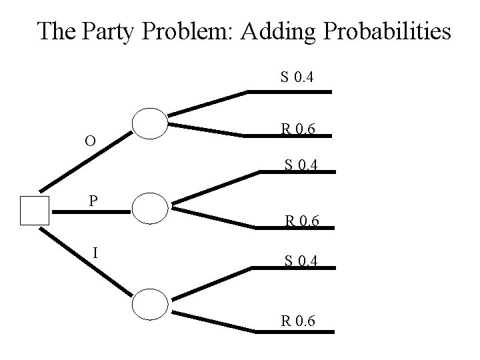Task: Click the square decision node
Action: (x=35, y=211)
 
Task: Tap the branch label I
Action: (x=97, y=252)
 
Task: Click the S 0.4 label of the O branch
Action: (x=297, y=79)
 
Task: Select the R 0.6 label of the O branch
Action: (x=298, y=128)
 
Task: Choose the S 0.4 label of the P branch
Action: (x=301, y=163)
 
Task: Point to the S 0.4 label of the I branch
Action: (x=301, y=262)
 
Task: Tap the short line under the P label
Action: (x=90, y=212)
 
